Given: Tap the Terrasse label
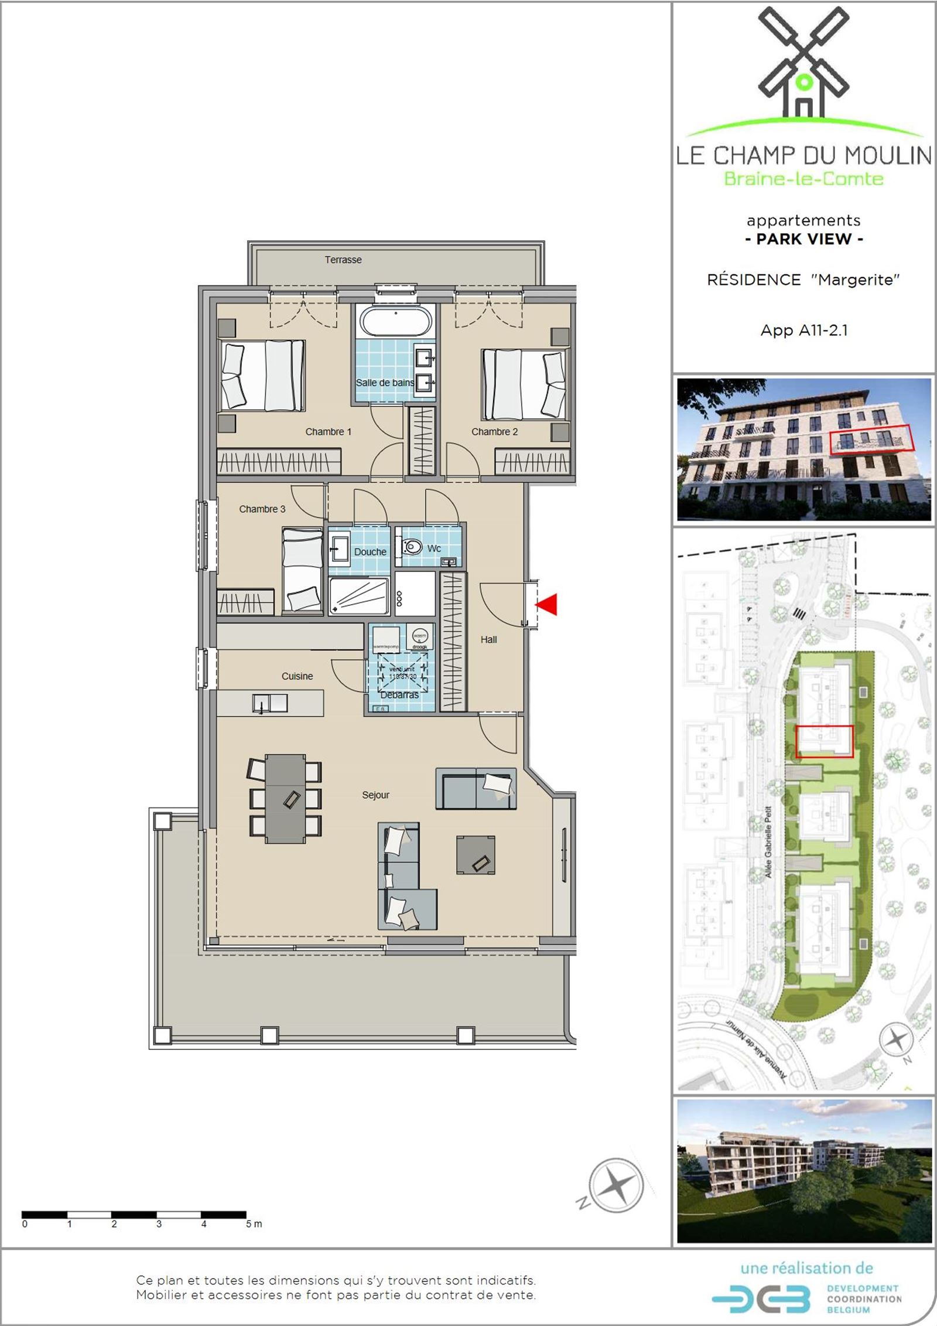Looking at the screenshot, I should (x=343, y=260).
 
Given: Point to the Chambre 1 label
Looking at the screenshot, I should (x=328, y=432).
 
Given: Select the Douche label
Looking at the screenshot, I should (x=370, y=552).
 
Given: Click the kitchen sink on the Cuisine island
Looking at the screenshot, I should (x=270, y=703).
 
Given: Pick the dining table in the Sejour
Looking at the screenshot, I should (x=285, y=798).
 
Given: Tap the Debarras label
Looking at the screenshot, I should (x=399, y=695).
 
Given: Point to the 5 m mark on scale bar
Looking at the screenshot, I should (x=254, y=1224).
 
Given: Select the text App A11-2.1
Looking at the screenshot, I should (x=803, y=330).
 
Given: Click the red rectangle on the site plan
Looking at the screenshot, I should (x=825, y=741).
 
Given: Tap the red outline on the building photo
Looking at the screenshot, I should (x=871, y=438).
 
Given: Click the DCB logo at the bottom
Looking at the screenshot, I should (x=761, y=1300).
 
